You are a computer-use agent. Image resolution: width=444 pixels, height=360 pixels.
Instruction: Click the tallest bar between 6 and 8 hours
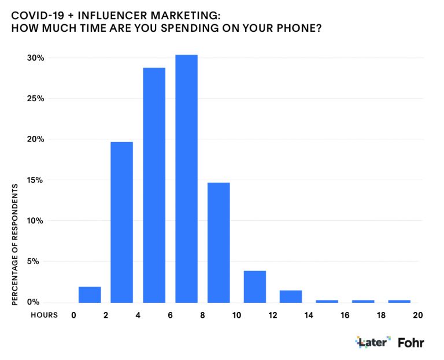pyautogui.click(x=186, y=179)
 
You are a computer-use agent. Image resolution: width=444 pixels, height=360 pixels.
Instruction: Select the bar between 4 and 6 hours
pyautogui.click(x=154, y=185)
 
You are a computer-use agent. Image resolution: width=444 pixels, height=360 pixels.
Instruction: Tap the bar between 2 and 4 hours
pyautogui.click(x=121, y=222)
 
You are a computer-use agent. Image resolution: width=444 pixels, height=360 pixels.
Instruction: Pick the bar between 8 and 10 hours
pyautogui.click(x=219, y=242)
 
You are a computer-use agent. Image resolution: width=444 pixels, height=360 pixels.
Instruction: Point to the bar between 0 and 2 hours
pyautogui.click(x=90, y=295)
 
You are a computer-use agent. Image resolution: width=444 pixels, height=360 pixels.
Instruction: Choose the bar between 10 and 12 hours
pyautogui.click(x=254, y=287)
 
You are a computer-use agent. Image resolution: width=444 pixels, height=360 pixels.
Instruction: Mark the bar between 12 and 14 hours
pyautogui.click(x=290, y=296)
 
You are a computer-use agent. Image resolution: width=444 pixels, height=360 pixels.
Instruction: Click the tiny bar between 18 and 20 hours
pyautogui.click(x=399, y=301)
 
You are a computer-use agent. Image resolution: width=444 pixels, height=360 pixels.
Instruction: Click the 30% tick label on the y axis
pyautogui.click(x=36, y=58)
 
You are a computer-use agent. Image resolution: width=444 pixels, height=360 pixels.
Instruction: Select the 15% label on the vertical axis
pyautogui.click(x=36, y=180)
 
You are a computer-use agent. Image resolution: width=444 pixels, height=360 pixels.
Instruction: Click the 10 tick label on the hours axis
pyautogui.click(x=236, y=315)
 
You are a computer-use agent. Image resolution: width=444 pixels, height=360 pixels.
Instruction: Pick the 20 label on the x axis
pyautogui.click(x=417, y=315)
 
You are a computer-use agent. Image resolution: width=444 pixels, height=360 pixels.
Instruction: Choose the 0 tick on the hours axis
pyautogui.click(x=73, y=315)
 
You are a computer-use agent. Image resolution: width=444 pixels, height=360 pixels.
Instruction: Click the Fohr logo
pyautogui.click(x=411, y=342)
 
